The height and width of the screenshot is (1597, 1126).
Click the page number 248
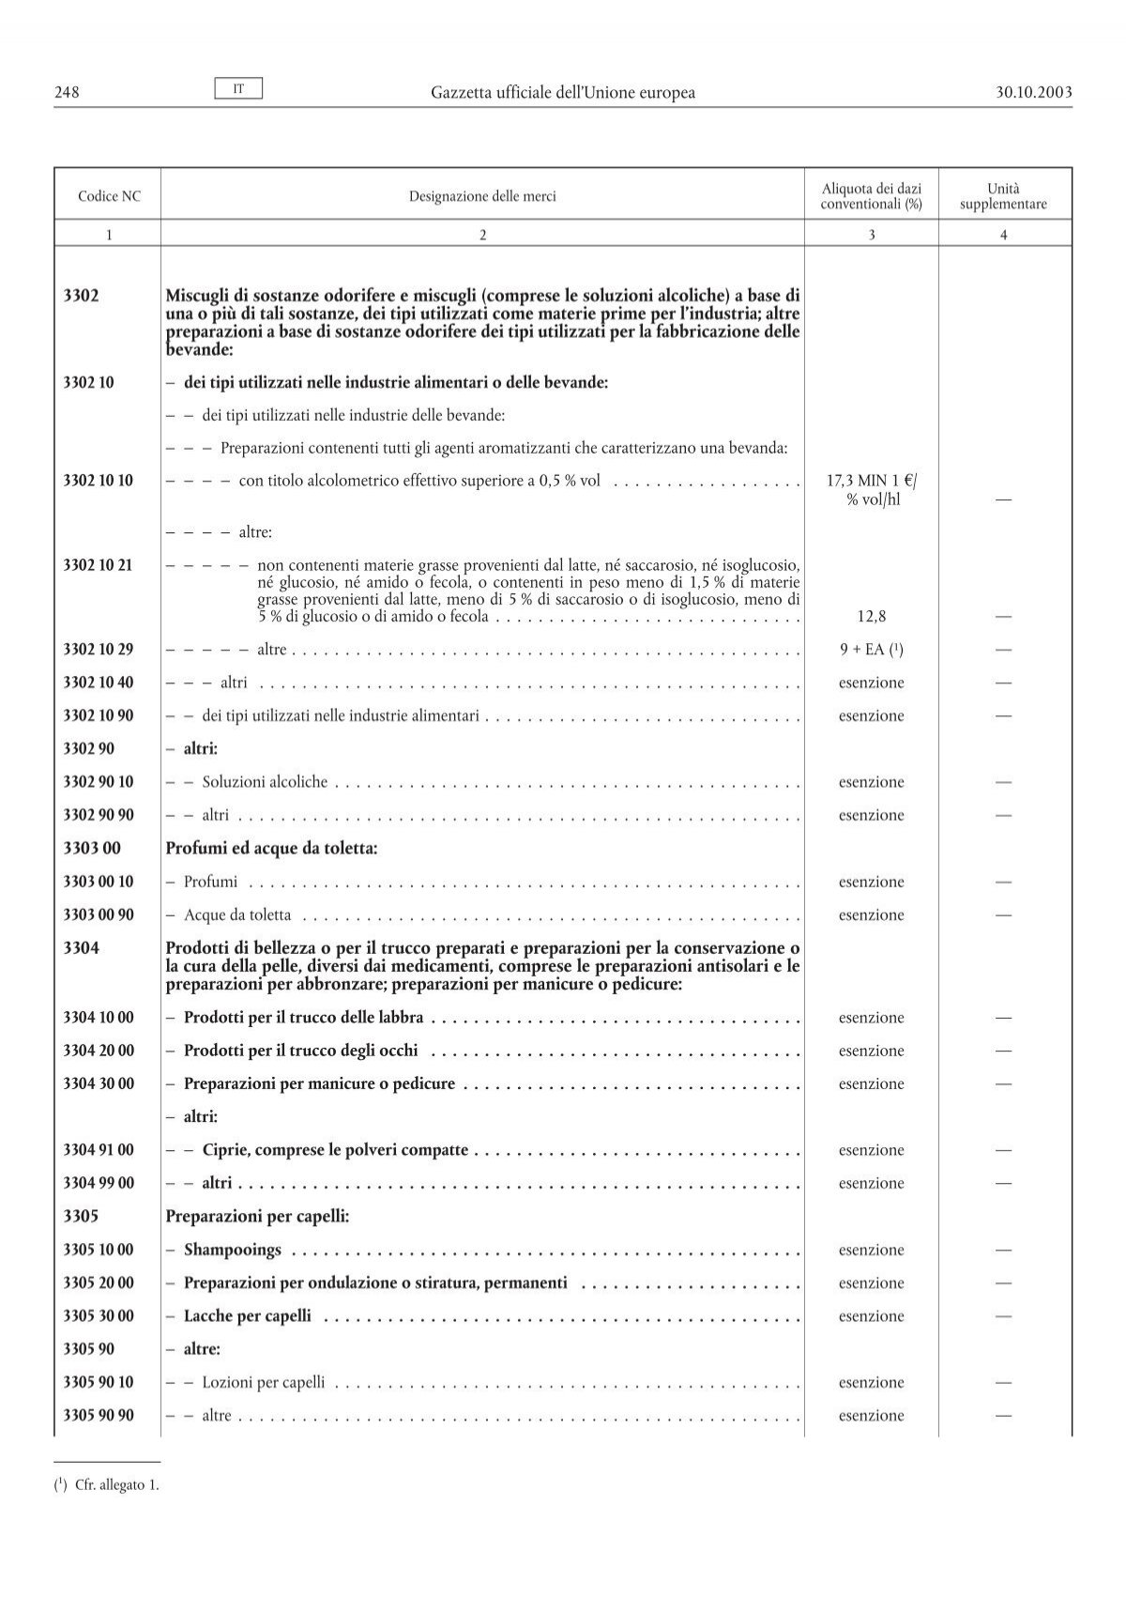pyautogui.click(x=66, y=92)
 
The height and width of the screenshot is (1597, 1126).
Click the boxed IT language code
pyautogui.click(x=239, y=88)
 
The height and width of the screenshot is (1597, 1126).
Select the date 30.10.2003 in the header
pyautogui.click(x=1029, y=92)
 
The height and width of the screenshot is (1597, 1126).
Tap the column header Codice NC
pyautogui.click(x=108, y=196)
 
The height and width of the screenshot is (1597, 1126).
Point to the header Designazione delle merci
pyautogui.click(x=482, y=196)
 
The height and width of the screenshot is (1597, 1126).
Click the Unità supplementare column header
pyautogui.click(x=1003, y=196)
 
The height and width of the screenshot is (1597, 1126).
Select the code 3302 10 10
pyautogui.click(x=99, y=481)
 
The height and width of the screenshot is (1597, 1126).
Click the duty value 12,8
pyautogui.click(x=871, y=617)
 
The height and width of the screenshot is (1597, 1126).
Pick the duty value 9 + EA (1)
pyautogui.click(x=871, y=650)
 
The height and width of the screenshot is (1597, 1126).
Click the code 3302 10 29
pyautogui.click(x=99, y=650)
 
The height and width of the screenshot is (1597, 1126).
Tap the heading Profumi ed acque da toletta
pyautogui.click(x=271, y=849)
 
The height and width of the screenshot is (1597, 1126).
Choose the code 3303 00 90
pyautogui.click(x=99, y=915)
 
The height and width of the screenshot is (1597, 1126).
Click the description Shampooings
pyautogui.click(x=233, y=1251)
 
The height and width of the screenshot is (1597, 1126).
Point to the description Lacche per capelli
pyautogui.click(x=248, y=1316)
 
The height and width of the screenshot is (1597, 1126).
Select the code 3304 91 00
pyautogui.click(x=99, y=1150)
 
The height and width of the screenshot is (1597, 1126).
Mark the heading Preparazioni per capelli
pyautogui.click(x=257, y=1217)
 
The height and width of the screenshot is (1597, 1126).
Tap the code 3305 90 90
pyautogui.click(x=99, y=1416)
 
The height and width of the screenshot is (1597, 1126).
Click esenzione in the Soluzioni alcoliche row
pyautogui.click(x=871, y=782)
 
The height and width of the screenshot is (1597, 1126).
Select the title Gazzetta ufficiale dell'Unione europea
pyautogui.click(x=563, y=92)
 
